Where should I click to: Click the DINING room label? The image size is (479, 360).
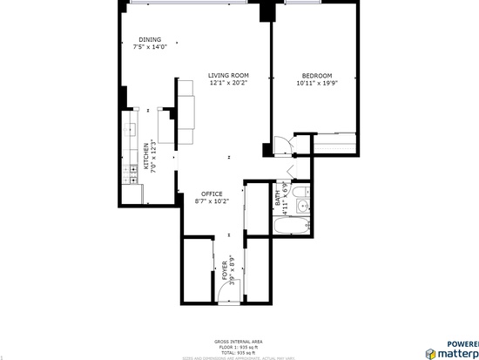coord(149,40)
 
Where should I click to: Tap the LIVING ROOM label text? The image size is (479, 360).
coord(228,76)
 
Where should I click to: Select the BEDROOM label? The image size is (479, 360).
coord(316,76)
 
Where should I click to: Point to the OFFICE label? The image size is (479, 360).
coord(212,194)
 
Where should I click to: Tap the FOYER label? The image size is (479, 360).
coord(224,268)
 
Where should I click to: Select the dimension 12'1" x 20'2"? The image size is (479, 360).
coord(228,84)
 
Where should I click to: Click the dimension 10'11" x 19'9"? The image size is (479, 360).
coord(316,84)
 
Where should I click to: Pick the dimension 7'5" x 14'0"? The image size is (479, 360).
coord(149,48)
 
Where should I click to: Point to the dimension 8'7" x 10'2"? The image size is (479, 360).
coord(212,201)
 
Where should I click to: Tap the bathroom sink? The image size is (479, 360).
coord(301,207)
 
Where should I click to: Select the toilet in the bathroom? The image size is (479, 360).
coord(298,192)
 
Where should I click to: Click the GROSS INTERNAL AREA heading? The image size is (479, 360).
coord(238,341)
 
